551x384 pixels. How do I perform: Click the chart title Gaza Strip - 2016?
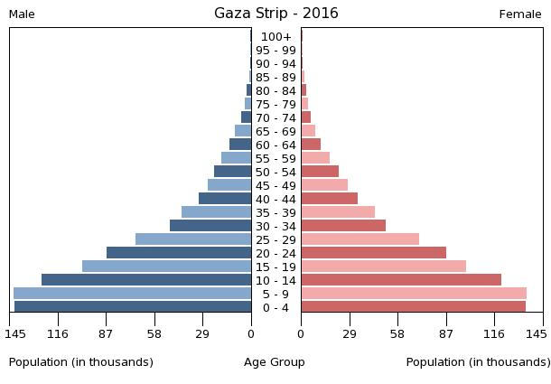coord(275,14)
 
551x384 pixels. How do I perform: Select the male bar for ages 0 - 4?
coord(133,307)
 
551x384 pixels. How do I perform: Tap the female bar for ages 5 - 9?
coord(414,294)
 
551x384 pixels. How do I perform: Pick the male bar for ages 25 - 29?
coord(193,239)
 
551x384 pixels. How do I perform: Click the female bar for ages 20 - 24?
coord(373,253)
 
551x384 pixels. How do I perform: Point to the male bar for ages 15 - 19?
coord(167,267)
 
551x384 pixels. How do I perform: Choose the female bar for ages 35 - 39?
coord(338,212)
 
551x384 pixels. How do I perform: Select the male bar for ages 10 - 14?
coord(146,280)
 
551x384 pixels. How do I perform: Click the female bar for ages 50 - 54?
coord(320,172)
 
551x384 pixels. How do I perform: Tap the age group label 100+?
coord(275,37)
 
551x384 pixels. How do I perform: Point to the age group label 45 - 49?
coord(275,186)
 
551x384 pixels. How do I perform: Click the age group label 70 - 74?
coord(275,118)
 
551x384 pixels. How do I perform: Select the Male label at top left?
coord(22,14)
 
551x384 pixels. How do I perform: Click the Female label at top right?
coord(520,14)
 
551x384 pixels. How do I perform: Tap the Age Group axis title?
coord(275,362)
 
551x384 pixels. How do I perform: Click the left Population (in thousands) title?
coord(81,362)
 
